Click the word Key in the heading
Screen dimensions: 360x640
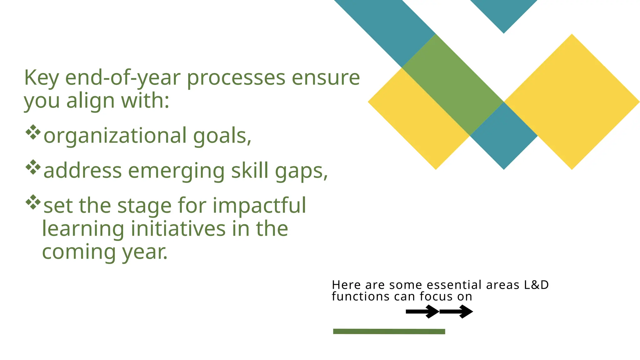(41, 78)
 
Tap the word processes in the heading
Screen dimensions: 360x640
(236, 78)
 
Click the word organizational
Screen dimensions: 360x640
(115, 136)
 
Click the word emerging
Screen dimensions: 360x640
(176, 171)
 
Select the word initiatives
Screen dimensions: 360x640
(178, 228)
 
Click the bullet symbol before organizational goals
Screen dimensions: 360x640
(33, 132)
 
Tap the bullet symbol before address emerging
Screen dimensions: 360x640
(33, 167)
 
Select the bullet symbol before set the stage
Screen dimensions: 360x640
(33, 202)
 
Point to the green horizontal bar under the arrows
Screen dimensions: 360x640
(389, 331)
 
